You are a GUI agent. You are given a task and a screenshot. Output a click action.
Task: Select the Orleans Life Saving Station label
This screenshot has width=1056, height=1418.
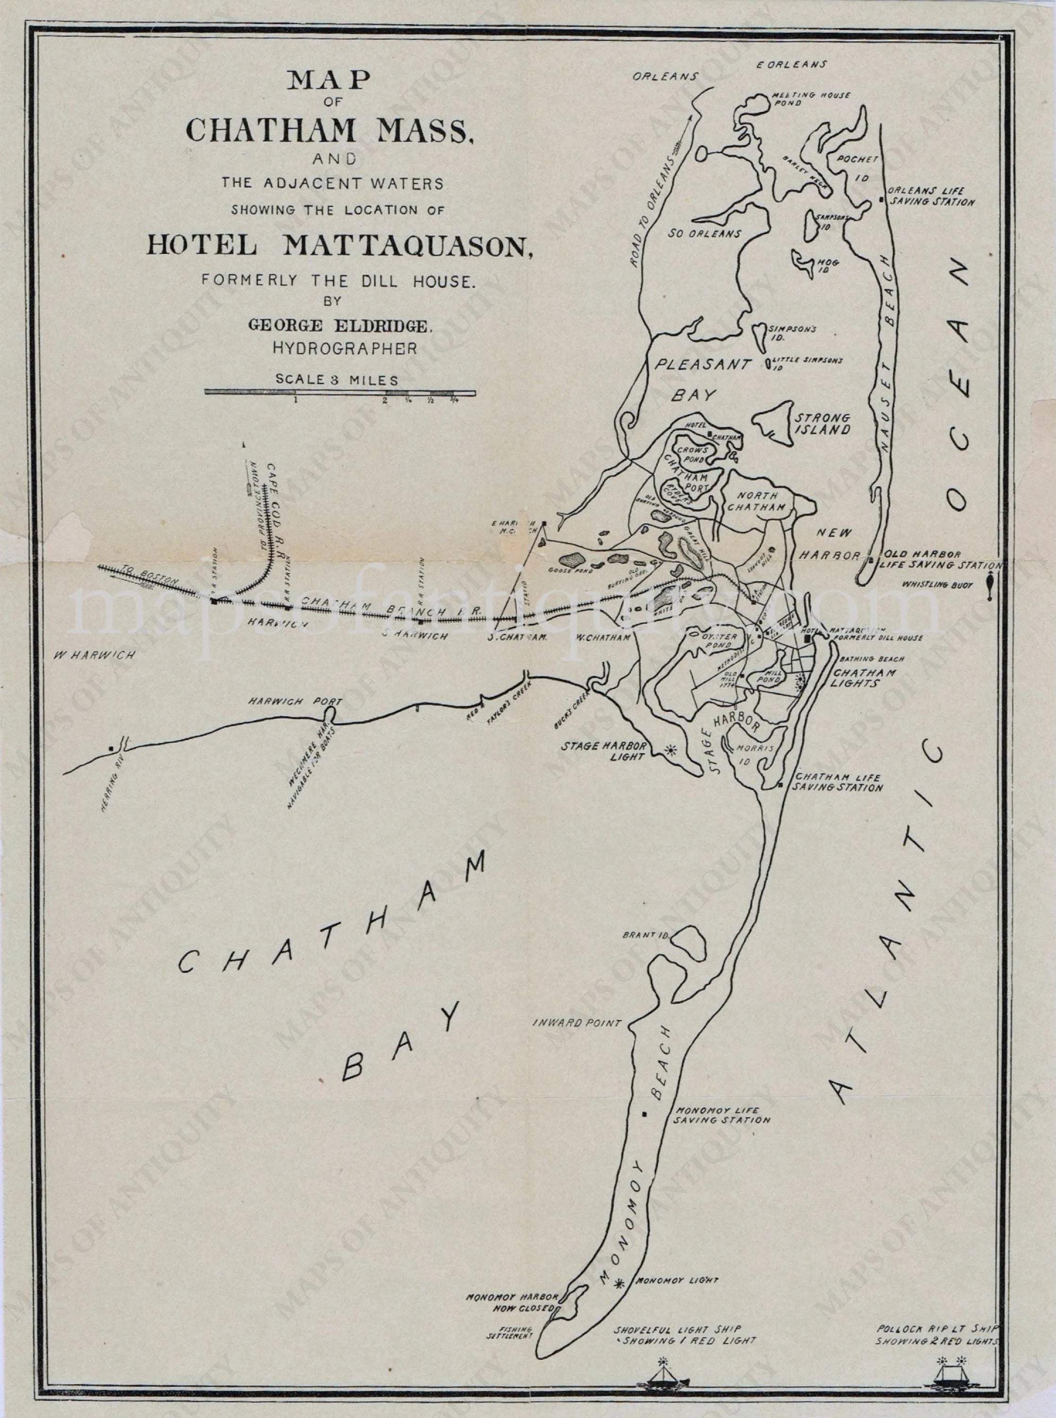click(929, 196)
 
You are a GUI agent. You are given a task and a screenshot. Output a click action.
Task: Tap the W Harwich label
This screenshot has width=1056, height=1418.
click(85, 655)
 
